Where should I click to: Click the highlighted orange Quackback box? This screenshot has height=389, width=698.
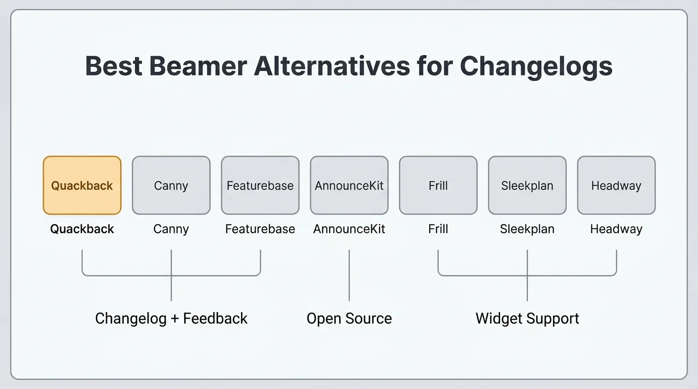82,185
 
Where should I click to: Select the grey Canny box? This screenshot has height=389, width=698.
171,185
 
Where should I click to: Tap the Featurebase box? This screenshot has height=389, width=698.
260,185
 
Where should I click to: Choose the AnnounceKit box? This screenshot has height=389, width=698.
350,185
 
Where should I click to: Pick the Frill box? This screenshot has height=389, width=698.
438,185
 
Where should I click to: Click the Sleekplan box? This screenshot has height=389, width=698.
527,185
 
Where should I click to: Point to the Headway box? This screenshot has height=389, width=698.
616,185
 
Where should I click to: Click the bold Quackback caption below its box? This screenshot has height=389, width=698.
82,229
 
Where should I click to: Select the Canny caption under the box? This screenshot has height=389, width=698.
171,229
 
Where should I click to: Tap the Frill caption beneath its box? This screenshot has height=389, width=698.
438,229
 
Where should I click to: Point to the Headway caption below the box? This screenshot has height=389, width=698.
616,229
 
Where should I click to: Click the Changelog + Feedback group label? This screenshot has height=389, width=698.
171,319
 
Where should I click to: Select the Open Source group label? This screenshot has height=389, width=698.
350,319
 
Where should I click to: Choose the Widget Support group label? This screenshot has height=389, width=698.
527,319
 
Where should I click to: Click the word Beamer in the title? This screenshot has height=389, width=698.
198,66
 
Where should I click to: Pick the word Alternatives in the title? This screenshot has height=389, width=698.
332,66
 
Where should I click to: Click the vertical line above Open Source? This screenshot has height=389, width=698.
350,275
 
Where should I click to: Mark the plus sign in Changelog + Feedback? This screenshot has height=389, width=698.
175,319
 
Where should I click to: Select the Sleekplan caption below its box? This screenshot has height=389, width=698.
527,229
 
